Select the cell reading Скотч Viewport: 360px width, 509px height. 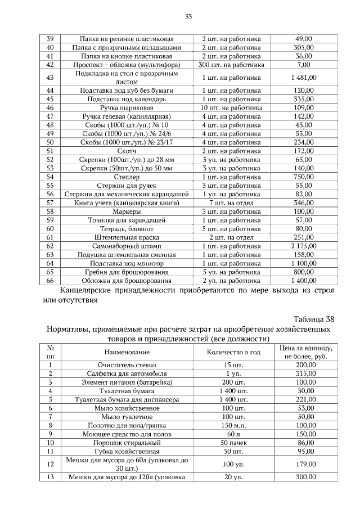pos(127,151)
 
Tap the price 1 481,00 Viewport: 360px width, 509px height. pos(303,78)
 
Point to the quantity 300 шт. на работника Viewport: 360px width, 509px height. pos(232,65)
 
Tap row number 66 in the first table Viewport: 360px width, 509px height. pos(49,281)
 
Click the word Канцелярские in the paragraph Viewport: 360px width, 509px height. pos(92,291)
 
